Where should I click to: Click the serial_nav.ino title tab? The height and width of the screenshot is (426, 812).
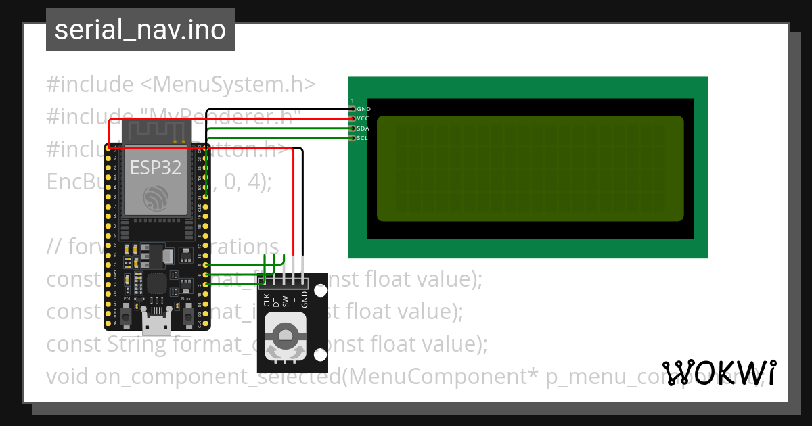[140, 30]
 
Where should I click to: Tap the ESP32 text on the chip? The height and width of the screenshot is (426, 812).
[155, 167]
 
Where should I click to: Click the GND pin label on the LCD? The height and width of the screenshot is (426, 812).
[363, 109]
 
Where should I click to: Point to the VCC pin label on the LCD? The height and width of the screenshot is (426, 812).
[363, 118]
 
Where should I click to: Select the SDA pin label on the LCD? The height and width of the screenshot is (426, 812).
[363, 128]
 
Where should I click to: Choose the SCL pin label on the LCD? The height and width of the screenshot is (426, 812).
[362, 138]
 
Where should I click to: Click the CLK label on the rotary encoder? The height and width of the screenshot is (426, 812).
[266, 300]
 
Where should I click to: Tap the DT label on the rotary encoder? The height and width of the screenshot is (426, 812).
[275, 302]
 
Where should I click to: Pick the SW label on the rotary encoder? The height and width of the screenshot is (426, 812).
[285, 301]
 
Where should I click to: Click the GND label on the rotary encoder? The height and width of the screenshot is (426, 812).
[304, 300]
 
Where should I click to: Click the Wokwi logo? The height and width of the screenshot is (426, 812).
[719, 373]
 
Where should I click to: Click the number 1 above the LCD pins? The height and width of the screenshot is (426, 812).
[352, 101]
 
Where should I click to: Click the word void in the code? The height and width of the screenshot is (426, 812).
[68, 377]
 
